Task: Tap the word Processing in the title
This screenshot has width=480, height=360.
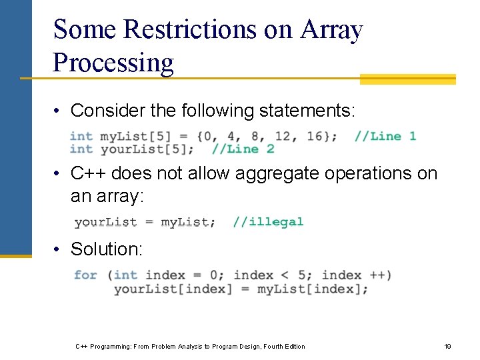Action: pos(113,63)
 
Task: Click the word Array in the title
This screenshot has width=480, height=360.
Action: pos(331,30)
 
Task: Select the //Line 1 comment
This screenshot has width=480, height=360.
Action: pos(385,136)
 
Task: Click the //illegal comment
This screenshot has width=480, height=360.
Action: pos(268,221)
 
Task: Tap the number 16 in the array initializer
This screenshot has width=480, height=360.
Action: pos(315,136)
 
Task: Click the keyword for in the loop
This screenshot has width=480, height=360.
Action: pos(85,275)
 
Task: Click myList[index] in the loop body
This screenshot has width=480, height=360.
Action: pos(312,289)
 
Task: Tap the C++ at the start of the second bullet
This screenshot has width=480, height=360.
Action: pos(89,173)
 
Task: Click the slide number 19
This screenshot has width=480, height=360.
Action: pos(448,346)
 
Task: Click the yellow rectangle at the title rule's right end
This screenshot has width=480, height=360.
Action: pos(407,79)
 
